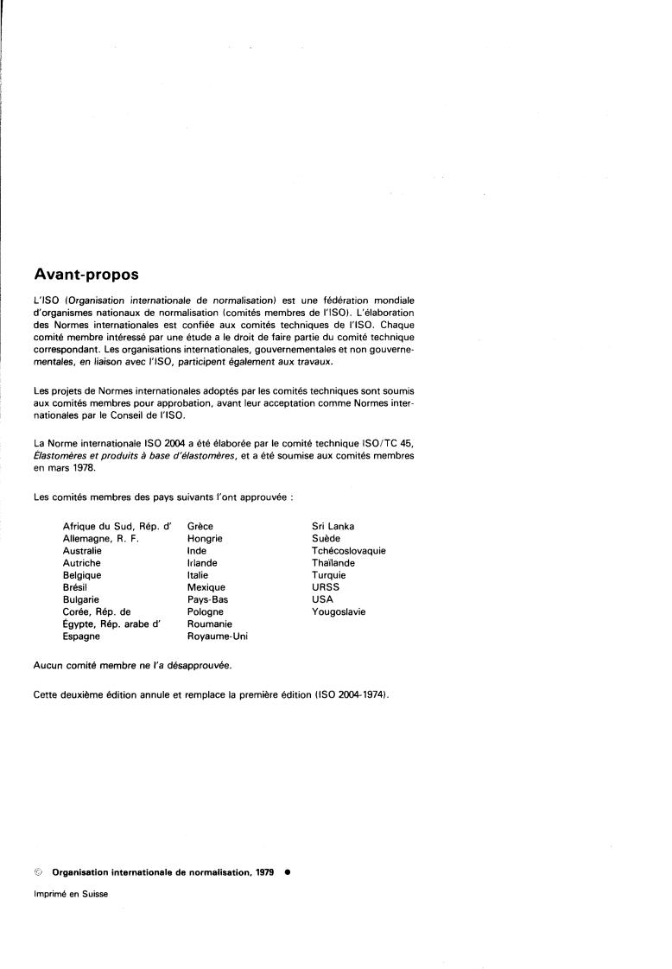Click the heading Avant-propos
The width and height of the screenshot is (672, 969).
(x=86, y=275)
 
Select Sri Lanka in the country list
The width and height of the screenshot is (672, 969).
(x=333, y=526)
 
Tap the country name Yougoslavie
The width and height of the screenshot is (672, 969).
(x=338, y=611)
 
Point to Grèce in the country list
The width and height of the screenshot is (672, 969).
(x=200, y=526)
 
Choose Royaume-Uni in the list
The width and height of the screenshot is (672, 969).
(x=217, y=636)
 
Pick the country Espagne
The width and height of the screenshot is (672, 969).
(x=81, y=636)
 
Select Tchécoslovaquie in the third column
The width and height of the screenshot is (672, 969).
(x=348, y=550)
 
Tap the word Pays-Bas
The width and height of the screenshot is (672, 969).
(x=206, y=599)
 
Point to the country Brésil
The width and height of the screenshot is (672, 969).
(x=76, y=587)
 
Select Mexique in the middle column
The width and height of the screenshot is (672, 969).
(x=206, y=587)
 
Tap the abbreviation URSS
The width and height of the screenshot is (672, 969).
(x=326, y=587)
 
